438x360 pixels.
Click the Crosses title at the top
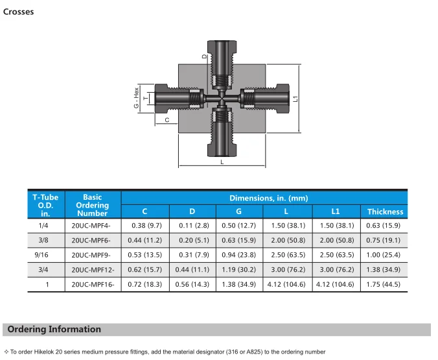tap(18, 12)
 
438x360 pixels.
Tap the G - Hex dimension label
tap(136, 98)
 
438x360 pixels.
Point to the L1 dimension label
tap(295, 99)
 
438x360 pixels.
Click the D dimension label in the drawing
tap(205, 56)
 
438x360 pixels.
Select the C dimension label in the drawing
tap(167, 120)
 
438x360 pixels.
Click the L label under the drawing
tap(222, 162)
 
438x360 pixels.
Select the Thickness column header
tap(386, 211)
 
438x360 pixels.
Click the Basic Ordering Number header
tap(93, 205)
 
